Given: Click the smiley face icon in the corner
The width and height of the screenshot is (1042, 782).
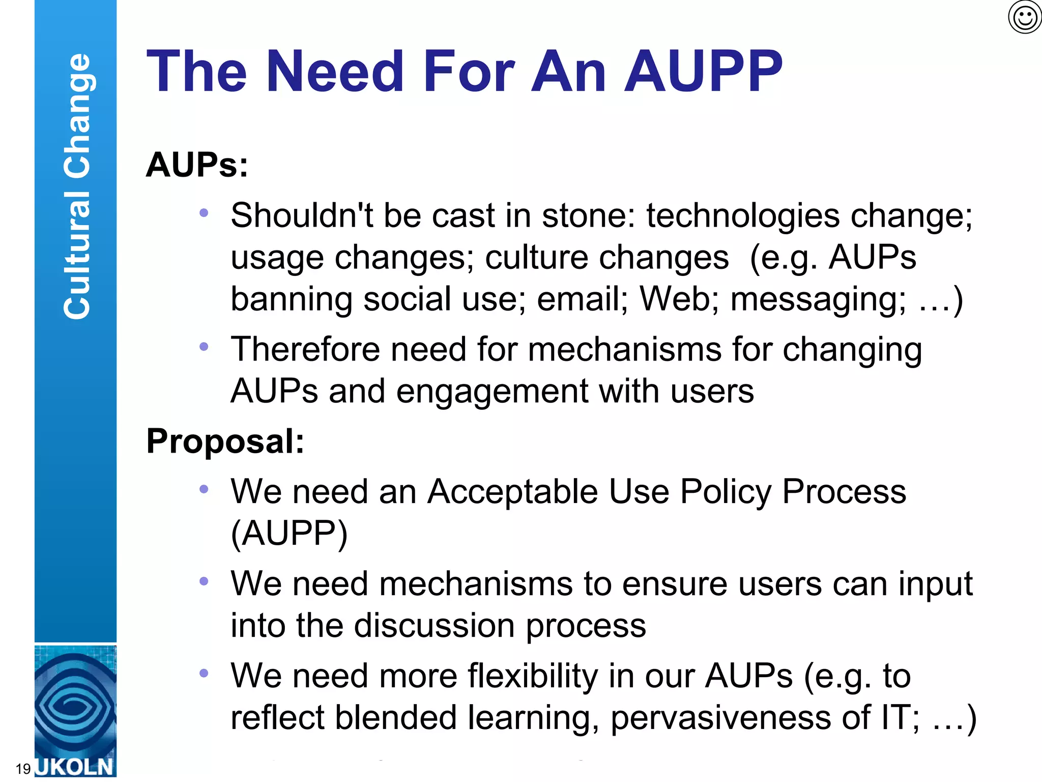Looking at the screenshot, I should (x=1025, y=17).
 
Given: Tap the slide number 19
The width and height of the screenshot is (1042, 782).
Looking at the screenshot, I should (x=23, y=768).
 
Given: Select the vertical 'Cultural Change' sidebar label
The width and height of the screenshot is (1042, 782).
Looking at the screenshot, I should (x=76, y=186).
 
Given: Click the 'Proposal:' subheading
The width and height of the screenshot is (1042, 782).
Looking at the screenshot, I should (x=225, y=441).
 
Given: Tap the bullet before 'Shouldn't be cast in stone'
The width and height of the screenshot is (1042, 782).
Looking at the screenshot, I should (x=204, y=213).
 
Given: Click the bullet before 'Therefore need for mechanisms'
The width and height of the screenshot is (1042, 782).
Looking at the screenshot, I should (x=204, y=347).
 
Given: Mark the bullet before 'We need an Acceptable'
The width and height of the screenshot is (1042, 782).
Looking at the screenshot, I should (x=204, y=489).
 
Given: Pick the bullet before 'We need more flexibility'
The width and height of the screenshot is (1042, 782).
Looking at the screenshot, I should (x=204, y=673).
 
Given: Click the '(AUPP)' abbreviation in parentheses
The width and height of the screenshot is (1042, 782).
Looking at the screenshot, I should (x=289, y=534).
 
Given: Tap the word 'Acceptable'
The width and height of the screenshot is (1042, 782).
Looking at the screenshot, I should (x=512, y=492).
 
